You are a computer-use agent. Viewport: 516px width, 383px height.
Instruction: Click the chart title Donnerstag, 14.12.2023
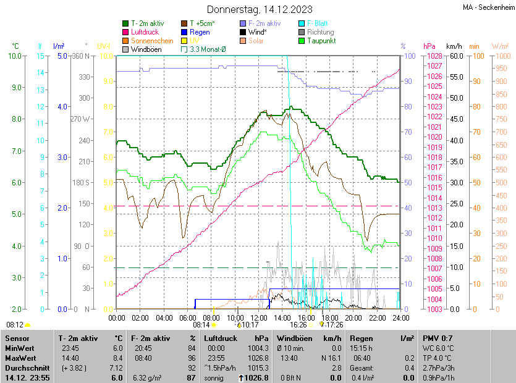[260, 9]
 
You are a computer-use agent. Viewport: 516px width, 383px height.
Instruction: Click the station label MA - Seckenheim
[488, 7]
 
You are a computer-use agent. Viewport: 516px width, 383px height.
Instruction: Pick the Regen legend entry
[200, 32]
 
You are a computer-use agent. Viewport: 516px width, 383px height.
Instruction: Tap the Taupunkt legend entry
[321, 41]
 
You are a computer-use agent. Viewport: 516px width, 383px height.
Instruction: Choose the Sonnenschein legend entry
[152, 41]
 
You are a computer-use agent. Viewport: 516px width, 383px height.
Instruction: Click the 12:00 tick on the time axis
[258, 318]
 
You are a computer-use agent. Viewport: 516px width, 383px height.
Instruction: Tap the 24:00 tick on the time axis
[400, 318]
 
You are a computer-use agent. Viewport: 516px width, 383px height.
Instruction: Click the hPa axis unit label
[429, 46]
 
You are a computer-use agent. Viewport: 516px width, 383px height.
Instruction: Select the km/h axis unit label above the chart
[454, 46]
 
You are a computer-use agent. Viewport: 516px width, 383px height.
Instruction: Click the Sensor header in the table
[17, 339]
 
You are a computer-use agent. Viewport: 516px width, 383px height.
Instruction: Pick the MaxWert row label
[21, 357]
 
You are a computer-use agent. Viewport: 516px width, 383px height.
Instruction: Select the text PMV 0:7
[438, 339]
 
